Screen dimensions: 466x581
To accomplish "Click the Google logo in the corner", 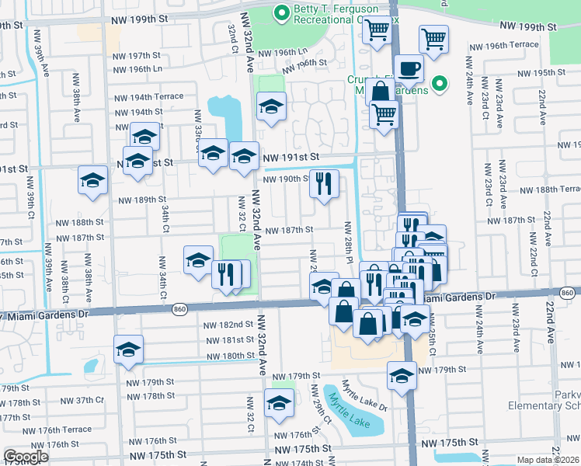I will click(26, 457).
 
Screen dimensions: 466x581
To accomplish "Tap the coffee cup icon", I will click(408, 68).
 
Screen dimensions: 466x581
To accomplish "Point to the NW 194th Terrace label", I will click(149, 97).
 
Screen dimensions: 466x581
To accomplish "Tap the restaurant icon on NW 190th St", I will click(324, 184).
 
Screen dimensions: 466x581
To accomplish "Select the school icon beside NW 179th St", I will click(401, 375).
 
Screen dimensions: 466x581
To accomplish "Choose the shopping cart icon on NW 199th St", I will click(377, 30).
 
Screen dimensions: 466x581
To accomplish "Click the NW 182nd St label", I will click(228, 325).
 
